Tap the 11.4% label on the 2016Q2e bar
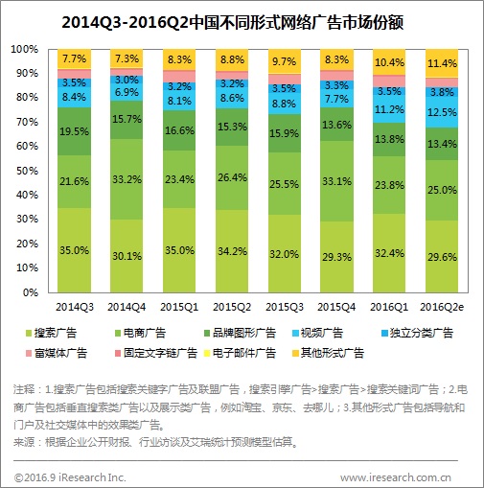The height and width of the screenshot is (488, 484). pos(442,64)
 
